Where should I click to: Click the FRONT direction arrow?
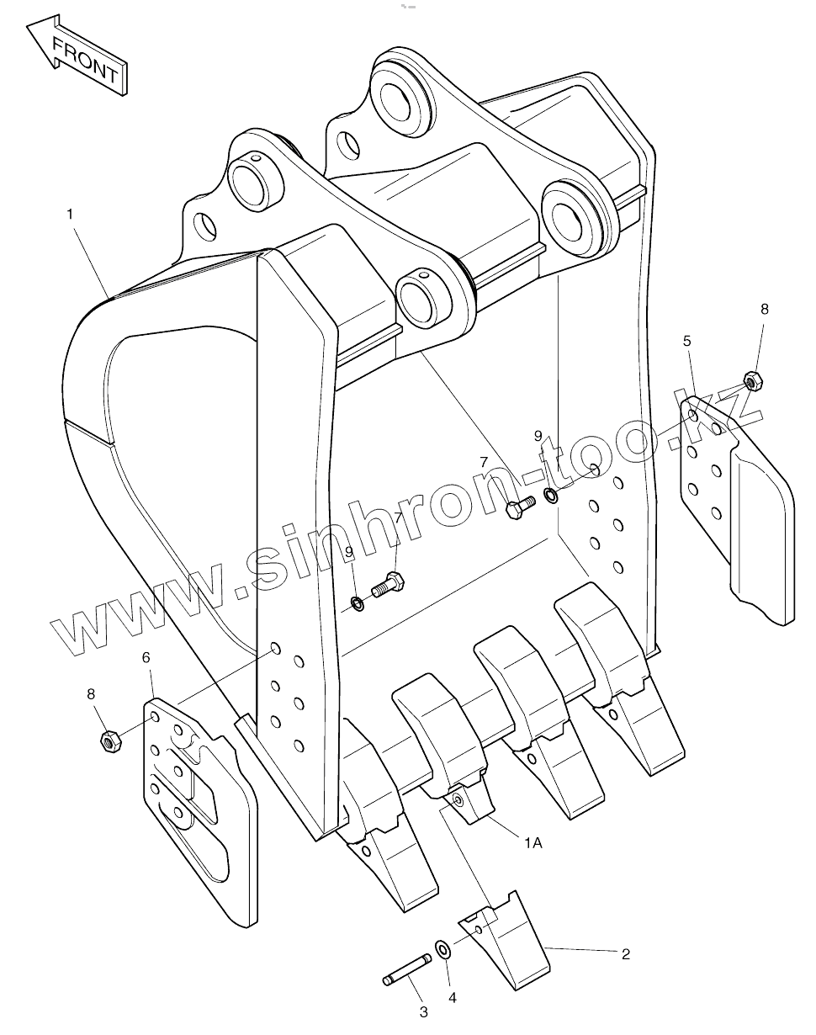coord(78,56)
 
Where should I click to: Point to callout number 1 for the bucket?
coord(71,215)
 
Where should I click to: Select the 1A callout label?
coord(533,843)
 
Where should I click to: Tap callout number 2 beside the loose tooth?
coord(625,953)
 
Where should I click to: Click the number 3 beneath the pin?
coord(423,1012)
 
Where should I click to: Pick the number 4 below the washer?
coord(452,998)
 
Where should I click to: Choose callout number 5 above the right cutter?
coord(687,341)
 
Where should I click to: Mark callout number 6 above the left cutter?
coord(146,656)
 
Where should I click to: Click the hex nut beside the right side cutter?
coord(753,379)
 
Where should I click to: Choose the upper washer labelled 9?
coord(551,495)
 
